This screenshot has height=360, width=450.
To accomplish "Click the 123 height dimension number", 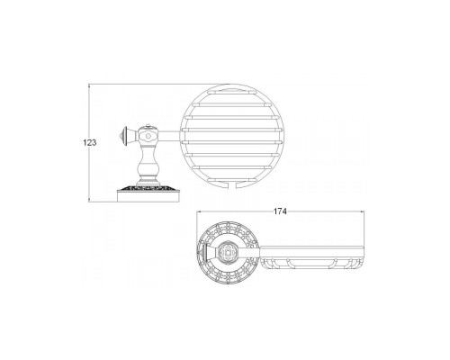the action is coord(90,142).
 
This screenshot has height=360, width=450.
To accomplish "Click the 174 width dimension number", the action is coord(280,211).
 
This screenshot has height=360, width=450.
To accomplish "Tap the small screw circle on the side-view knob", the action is coord(148,136).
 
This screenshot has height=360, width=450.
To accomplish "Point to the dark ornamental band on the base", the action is coord(148,188).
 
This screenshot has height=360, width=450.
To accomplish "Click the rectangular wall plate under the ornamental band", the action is coord(148,196).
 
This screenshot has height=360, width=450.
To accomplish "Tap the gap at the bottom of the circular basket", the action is coord(232,186).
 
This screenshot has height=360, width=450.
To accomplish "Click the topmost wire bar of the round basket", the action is coord(232,91).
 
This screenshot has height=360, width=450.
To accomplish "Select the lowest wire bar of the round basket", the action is coord(232,179).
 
